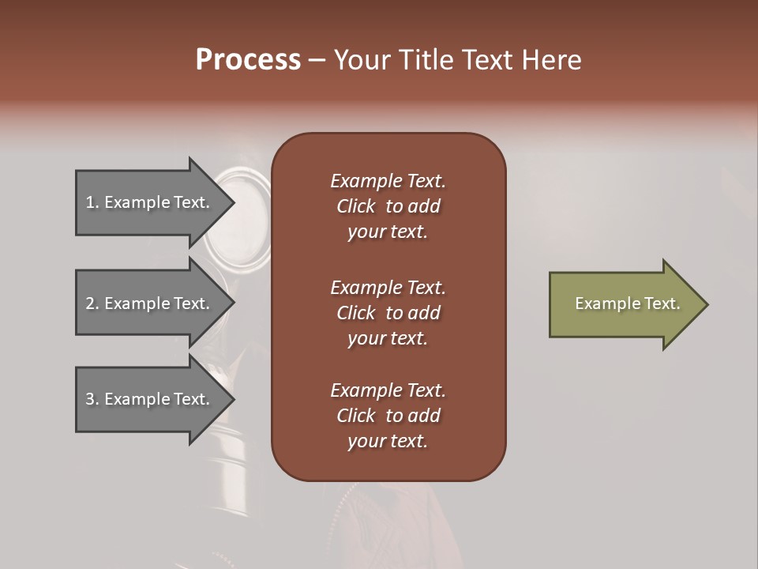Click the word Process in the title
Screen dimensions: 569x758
point(248,60)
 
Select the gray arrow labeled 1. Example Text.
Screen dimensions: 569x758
point(150,202)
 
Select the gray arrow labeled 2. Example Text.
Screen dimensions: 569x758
point(150,303)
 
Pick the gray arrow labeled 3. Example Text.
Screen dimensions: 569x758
point(150,399)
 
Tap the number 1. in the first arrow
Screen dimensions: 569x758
point(92,202)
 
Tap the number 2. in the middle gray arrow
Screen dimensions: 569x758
point(92,303)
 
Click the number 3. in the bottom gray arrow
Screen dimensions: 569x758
point(92,399)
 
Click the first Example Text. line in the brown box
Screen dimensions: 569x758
point(388,181)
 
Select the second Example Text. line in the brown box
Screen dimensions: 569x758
point(388,288)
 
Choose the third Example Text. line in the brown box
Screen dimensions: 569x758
point(388,390)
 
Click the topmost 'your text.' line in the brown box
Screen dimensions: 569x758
point(388,232)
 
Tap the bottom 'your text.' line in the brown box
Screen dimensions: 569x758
point(388,442)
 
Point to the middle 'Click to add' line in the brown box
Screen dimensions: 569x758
point(388,313)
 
